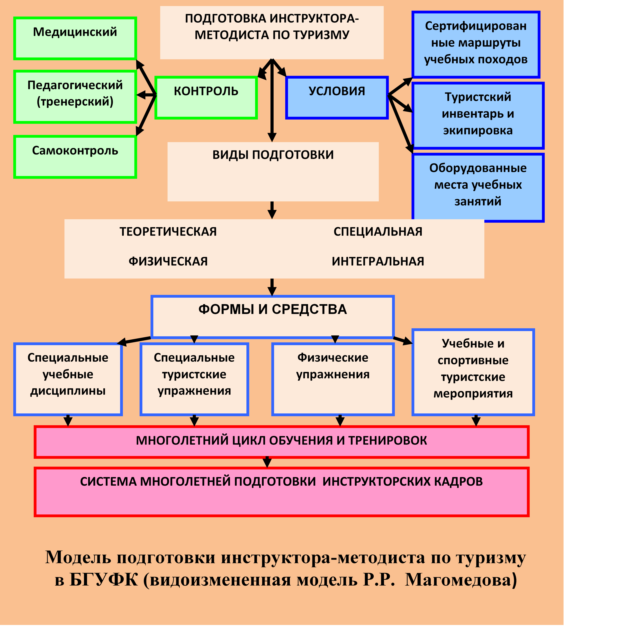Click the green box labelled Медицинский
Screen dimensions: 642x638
[75, 38]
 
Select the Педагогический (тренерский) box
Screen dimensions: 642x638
[75, 96]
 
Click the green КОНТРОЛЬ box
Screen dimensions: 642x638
[206, 97]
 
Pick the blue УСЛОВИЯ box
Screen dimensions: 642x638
[337, 97]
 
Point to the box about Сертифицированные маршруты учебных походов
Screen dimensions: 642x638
[476, 45]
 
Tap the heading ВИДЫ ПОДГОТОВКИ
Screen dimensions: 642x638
[273, 155]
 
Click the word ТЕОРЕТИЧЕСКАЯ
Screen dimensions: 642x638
[168, 232]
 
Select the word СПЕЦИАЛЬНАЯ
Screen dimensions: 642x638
[378, 232]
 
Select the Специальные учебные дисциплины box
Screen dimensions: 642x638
[68, 379]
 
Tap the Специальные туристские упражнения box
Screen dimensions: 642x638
[194, 379]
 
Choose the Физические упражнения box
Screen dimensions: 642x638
[333, 379]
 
